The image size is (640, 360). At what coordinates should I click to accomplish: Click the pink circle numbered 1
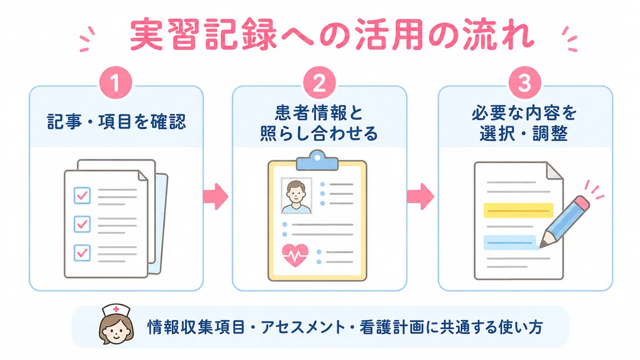click(x=116, y=83)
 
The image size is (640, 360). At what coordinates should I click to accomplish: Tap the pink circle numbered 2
click(x=319, y=83)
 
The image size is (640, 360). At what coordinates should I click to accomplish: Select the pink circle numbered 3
click(x=525, y=83)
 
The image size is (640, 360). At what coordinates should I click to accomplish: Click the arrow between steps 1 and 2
click(x=215, y=197)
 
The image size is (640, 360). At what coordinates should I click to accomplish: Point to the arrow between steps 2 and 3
click(x=421, y=197)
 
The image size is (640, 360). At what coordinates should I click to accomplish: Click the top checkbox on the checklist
click(x=82, y=195)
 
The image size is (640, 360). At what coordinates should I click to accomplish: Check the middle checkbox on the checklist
click(x=82, y=224)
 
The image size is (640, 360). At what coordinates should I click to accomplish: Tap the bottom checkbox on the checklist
click(x=82, y=253)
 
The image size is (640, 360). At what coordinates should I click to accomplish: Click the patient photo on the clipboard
click(x=297, y=196)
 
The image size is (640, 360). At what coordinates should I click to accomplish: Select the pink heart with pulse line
click(x=295, y=255)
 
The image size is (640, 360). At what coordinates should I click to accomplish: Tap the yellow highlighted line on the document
click(x=518, y=211)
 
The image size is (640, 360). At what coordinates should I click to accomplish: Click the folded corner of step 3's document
click(x=554, y=171)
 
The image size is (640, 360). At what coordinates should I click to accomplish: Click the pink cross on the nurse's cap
click(x=116, y=309)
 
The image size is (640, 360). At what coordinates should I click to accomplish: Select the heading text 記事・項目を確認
click(x=116, y=122)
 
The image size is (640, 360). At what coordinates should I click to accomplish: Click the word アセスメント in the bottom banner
click(x=303, y=327)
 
